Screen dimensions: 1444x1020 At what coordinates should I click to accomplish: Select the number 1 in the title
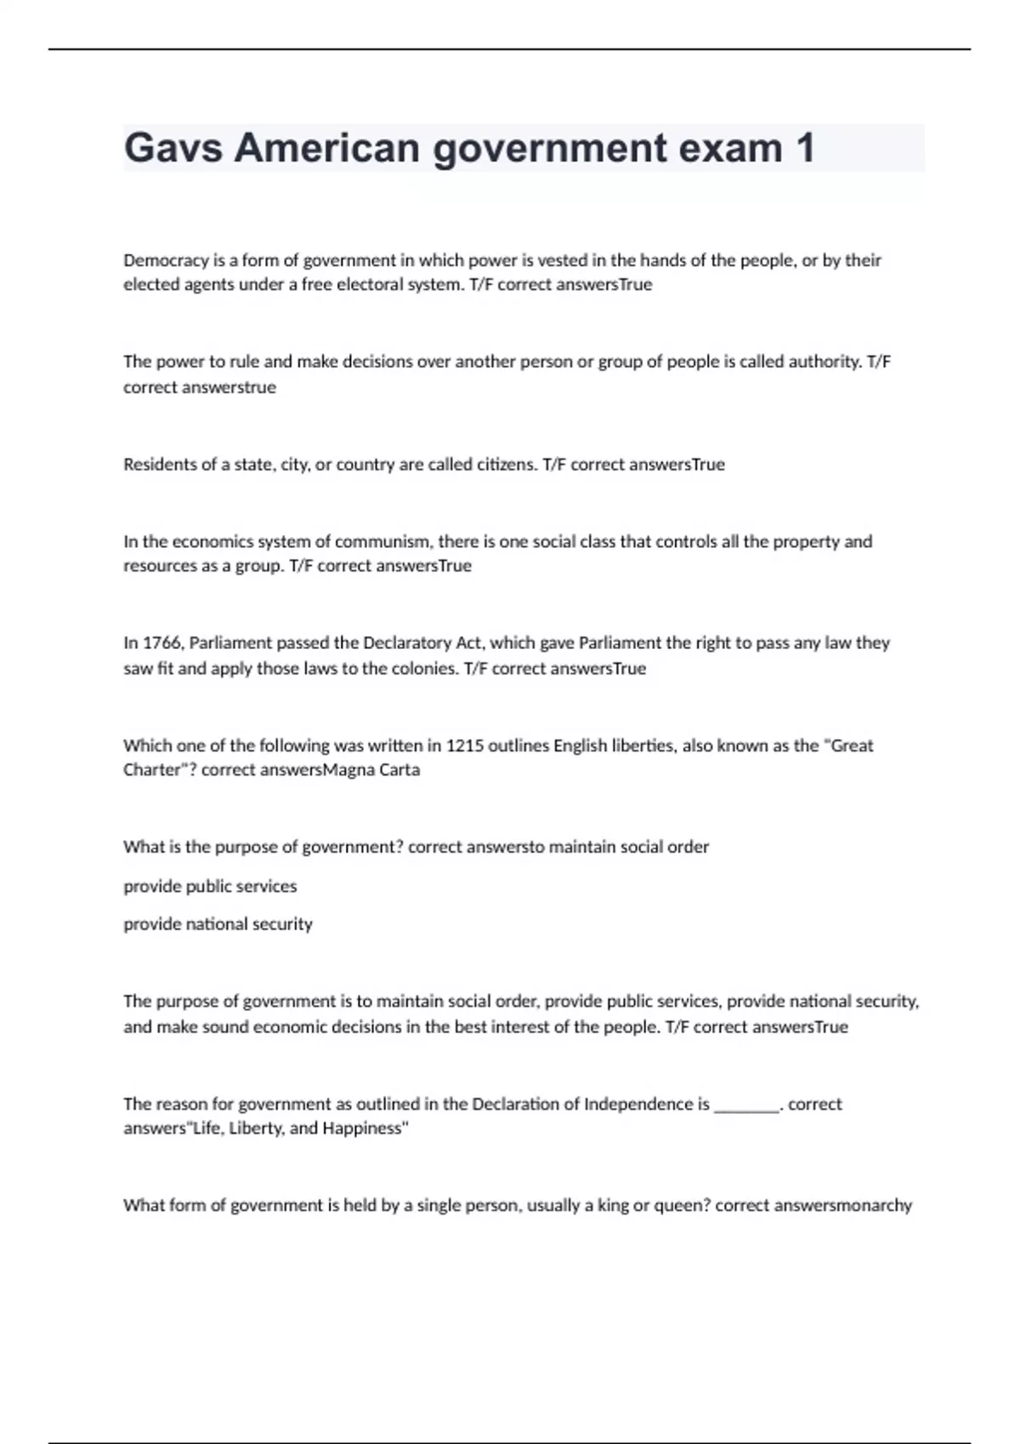(x=804, y=149)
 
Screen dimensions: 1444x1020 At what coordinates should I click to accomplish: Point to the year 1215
(x=465, y=746)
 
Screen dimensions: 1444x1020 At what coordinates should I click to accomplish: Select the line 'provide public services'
(x=210, y=887)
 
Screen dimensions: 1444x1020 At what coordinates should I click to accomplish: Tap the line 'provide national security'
(x=218, y=924)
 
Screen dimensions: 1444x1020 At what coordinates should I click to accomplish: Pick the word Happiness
(x=363, y=1129)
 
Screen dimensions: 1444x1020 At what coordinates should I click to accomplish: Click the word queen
(x=682, y=1205)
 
